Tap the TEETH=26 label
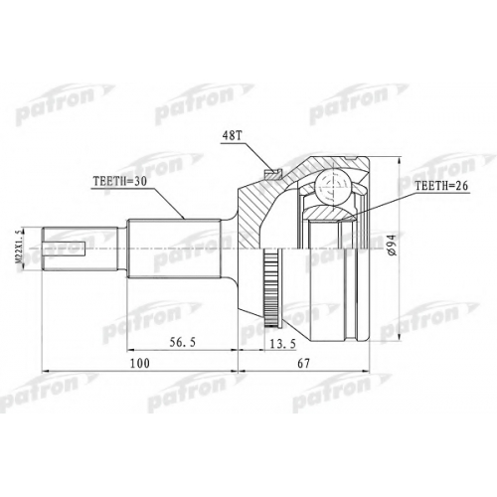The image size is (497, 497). coord(441,186)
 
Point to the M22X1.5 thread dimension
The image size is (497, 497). coord(22,248)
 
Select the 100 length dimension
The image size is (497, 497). coord(140,364)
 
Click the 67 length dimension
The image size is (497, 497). coord(303,364)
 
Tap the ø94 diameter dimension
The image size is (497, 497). coord(393,245)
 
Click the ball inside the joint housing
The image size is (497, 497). coord(333,186)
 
